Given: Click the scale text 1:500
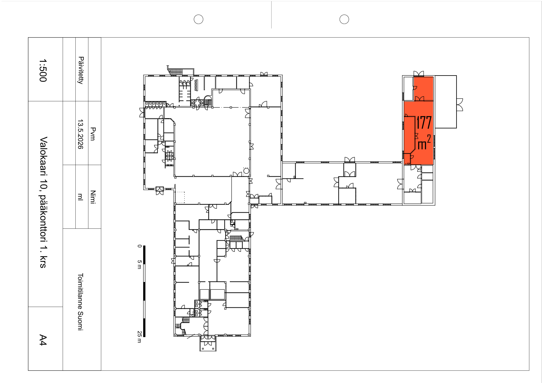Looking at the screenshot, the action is coord(43,70).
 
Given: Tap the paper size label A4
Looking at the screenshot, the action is coord(43,340).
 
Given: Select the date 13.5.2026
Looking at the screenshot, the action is coord(80,134).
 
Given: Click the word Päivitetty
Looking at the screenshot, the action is coord(81,70).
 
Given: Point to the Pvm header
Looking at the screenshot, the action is coord(93,134).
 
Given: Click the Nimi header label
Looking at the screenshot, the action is coord(93,197).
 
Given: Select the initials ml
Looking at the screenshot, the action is coord(80,197).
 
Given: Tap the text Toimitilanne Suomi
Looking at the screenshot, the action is coord(80,301).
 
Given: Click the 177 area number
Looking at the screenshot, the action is coord(424,123).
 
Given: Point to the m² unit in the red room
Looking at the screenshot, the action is coord(424,142).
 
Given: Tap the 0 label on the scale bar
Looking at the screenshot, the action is coord(139,246).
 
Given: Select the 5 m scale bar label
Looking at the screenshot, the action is coord(139,265).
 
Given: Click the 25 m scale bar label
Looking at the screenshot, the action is coord(139,337).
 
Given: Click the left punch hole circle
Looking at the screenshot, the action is coord(198,19).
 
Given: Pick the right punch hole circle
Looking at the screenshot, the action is coord(344,19).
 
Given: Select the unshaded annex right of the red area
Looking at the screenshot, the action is coord(446,102).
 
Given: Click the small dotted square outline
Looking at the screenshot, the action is coord(180,197).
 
